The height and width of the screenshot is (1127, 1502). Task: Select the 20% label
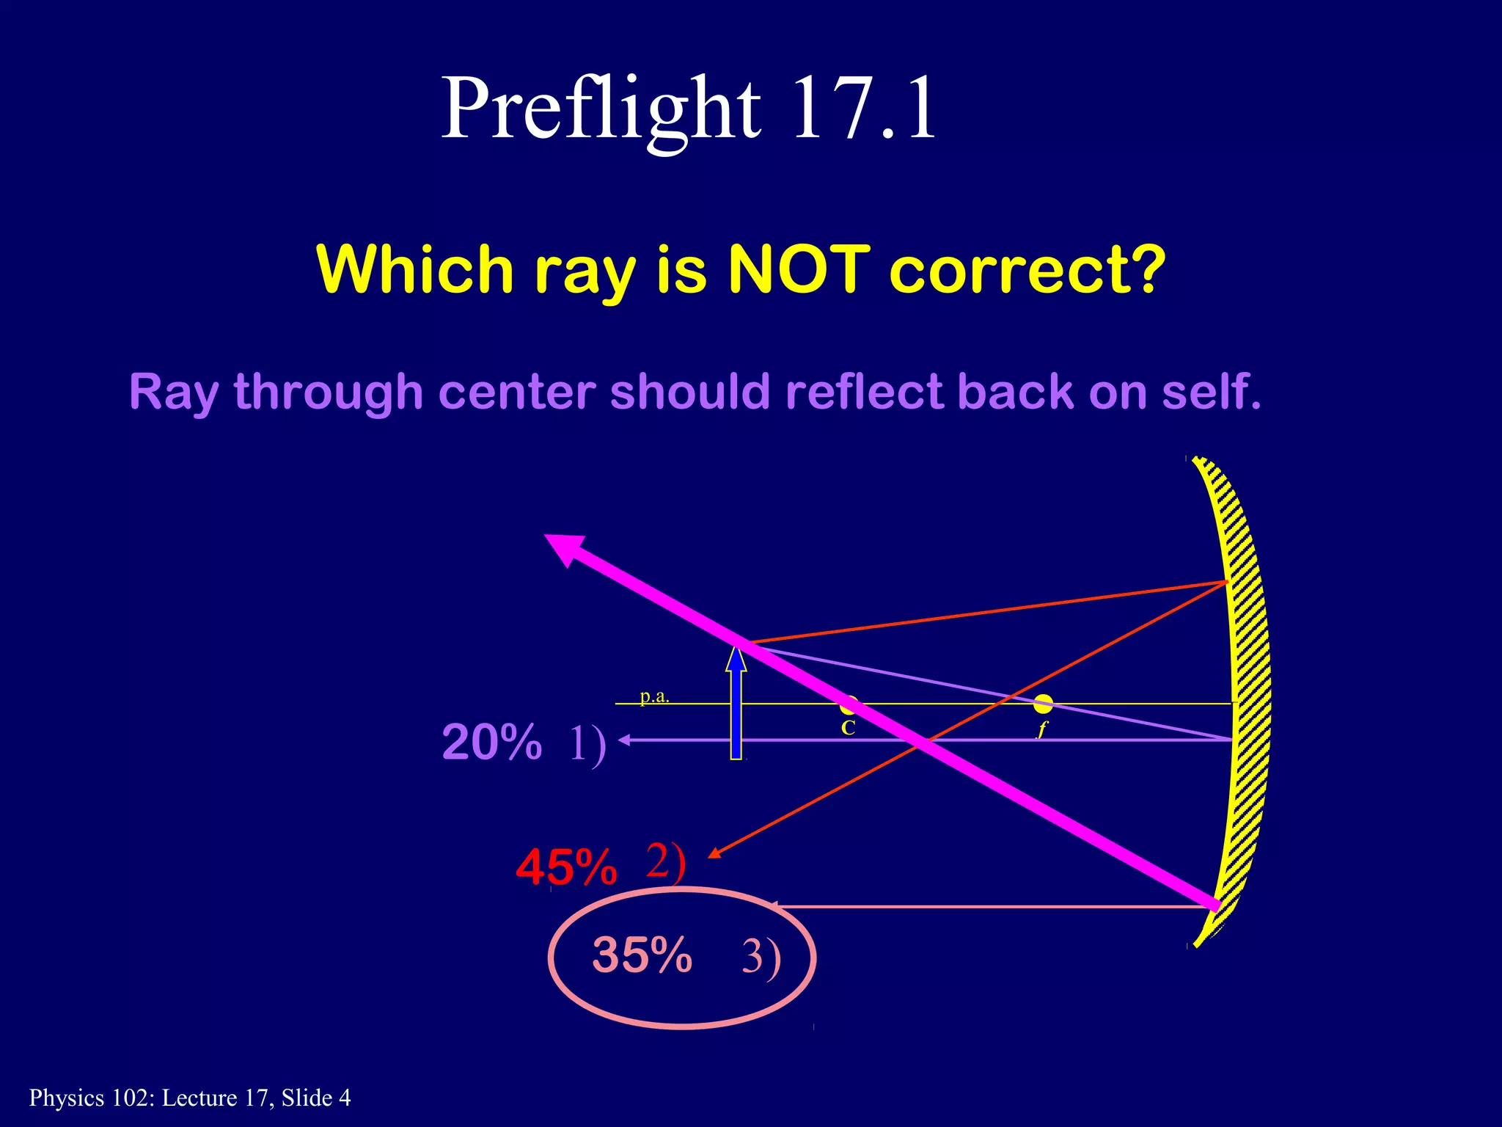(x=491, y=742)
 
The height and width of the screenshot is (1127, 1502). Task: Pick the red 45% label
(x=566, y=867)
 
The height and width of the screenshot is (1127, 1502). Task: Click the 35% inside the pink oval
(x=642, y=955)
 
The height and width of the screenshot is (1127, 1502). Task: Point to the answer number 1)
(x=587, y=743)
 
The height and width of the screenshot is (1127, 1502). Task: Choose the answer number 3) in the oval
(x=761, y=957)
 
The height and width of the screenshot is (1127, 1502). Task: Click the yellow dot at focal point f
(x=1043, y=704)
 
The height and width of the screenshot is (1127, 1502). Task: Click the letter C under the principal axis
(x=848, y=729)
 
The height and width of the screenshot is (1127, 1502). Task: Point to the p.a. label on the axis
(x=654, y=696)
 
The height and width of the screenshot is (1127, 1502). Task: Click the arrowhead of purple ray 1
(x=624, y=740)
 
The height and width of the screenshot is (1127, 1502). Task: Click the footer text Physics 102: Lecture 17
(x=189, y=1098)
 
